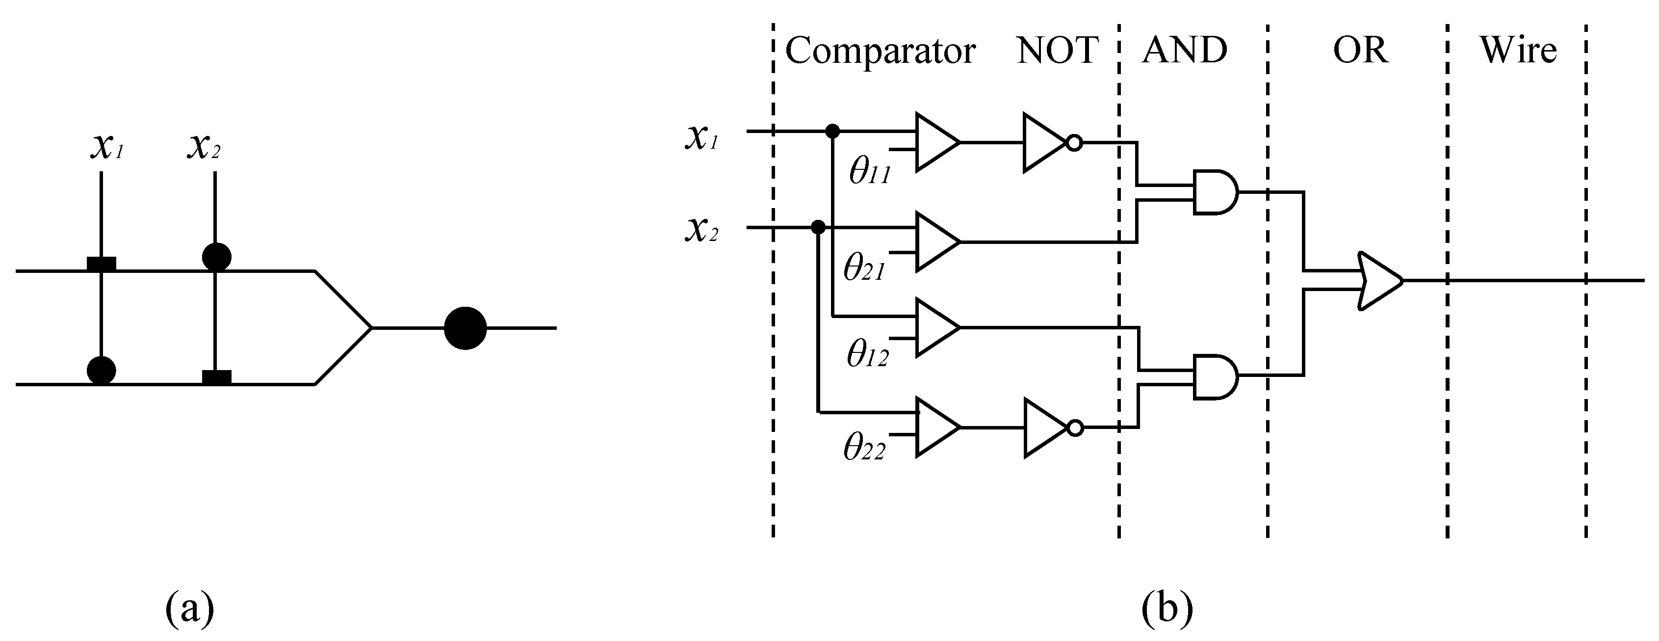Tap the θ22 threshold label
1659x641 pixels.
tap(864, 447)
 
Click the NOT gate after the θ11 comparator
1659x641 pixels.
tap(1046, 143)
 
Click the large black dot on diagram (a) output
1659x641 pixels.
tap(465, 328)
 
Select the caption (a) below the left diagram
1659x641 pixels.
tap(189, 609)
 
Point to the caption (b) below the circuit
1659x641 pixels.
tap(1167, 609)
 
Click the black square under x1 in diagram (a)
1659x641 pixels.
tap(102, 264)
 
